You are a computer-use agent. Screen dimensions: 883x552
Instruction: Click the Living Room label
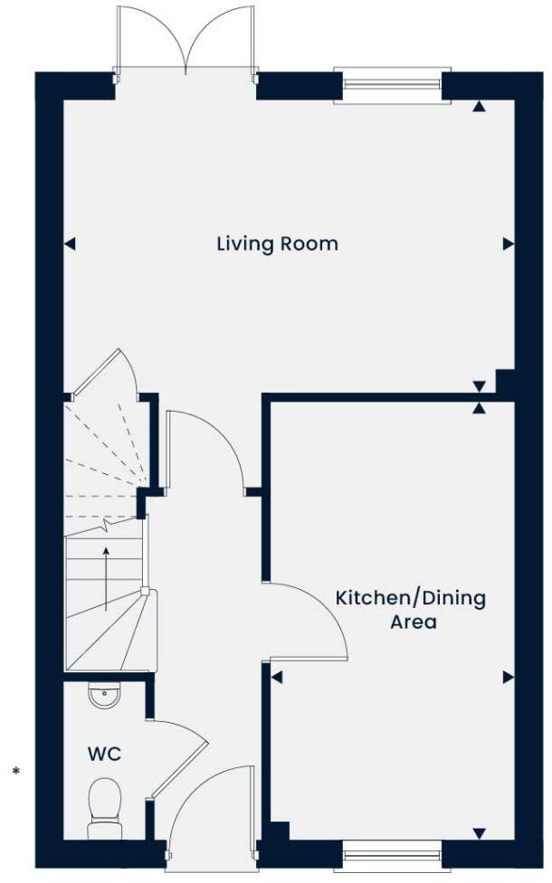point(277,243)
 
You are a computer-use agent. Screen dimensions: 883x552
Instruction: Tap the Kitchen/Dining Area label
point(411,610)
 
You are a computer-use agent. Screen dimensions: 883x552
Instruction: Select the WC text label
point(104,754)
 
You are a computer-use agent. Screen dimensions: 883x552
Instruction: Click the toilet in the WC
point(104,807)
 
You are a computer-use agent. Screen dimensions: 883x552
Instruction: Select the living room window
point(392,85)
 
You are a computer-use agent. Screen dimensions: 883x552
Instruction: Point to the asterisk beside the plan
point(15,772)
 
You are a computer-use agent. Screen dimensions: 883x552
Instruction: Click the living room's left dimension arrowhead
point(70,243)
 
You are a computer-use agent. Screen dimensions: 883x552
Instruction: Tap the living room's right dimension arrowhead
point(508,243)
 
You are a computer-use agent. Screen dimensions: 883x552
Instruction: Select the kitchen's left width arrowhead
point(277,677)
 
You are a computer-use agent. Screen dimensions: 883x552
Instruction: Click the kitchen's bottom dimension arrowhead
point(479,833)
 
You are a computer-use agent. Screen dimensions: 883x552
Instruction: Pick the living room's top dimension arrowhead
point(479,107)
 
